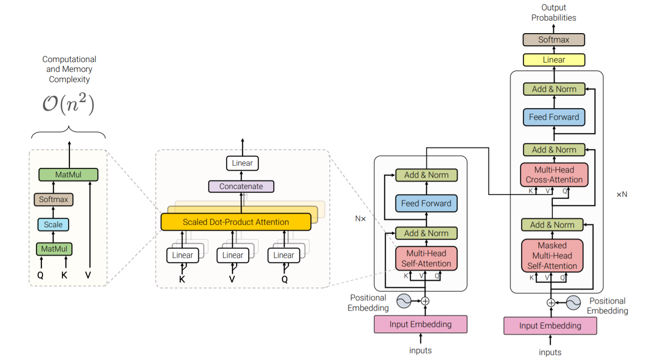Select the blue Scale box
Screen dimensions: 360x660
coord(53,224)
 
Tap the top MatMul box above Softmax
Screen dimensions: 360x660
coord(69,174)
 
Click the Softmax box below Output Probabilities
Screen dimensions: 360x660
coord(554,40)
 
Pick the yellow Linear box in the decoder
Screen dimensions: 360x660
coord(554,60)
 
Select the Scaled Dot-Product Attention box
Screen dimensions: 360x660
coord(236,222)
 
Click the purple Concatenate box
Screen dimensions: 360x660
coord(241,187)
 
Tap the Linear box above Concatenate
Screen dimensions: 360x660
coord(242,163)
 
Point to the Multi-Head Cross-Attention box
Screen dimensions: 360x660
coord(554,175)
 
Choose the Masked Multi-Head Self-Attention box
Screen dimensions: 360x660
coord(552,256)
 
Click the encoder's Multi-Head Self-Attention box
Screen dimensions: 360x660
coord(426,258)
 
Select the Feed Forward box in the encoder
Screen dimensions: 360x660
coord(426,203)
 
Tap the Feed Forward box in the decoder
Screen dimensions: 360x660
coord(554,117)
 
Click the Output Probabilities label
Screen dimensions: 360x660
coord(554,13)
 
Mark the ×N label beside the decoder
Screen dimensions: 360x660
coord(622,194)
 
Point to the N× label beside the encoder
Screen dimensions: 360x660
coord(360,218)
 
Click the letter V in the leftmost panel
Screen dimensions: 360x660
coord(88,275)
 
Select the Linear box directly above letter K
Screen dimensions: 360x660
coord(182,255)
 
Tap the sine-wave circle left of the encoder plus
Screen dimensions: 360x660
coord(404,301)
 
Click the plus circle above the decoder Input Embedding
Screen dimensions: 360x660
coord(551,303)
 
